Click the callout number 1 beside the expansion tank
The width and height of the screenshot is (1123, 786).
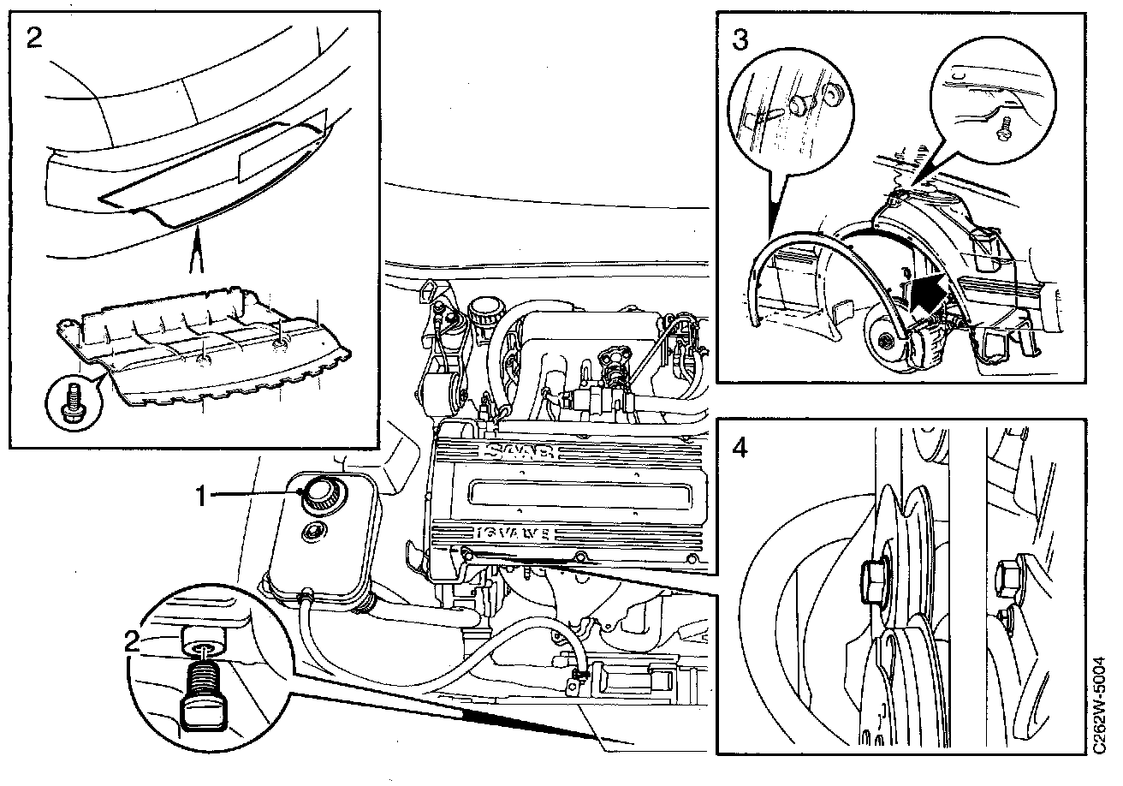point(203,495)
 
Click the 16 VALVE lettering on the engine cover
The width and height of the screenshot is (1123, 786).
point(514,535)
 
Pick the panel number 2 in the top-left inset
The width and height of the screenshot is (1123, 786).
point(34,39)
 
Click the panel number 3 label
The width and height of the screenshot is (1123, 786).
point(740,39)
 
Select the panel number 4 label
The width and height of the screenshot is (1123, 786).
point(740,447)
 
